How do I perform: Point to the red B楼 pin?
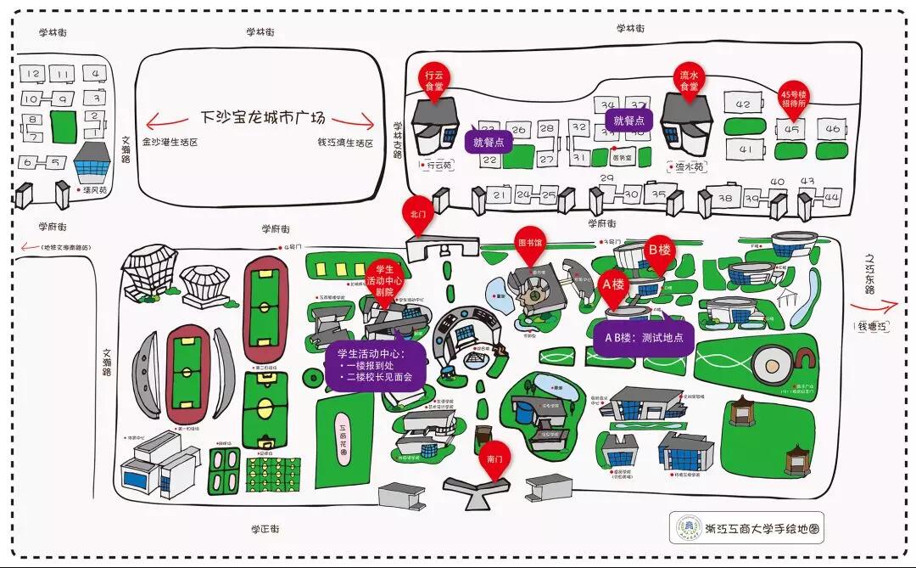coord(659,251)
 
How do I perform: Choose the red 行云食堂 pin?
coord(434,82)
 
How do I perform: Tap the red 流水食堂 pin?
coord(689,82)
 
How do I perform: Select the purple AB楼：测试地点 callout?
coord(644,337)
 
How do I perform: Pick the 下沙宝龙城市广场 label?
coord(263,118)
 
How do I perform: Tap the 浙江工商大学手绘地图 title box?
coord(747,528)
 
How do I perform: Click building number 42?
coord(744,105)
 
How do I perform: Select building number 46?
coord(832,129)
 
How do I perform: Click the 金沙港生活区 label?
coord(170,143)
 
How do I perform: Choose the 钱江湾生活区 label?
coord(345,143)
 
